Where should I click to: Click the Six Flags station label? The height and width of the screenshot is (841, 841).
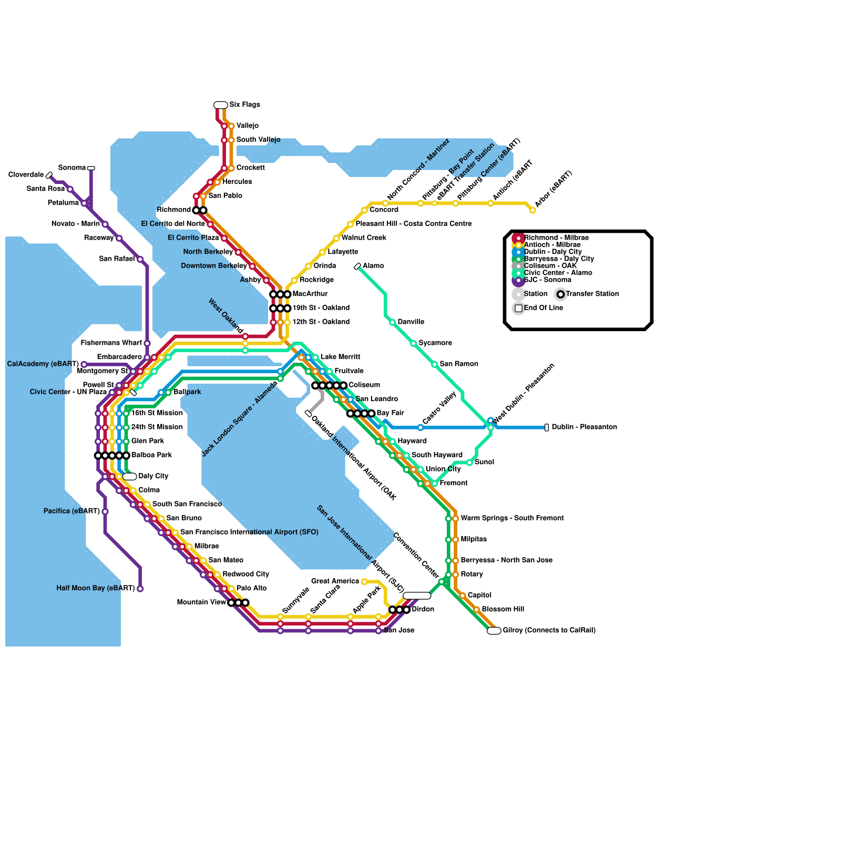(244, 105)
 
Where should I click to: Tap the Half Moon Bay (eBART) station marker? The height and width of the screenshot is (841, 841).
(140, 589)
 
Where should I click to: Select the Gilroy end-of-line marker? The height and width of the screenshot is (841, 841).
(494, 631)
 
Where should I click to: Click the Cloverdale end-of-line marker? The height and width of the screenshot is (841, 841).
(49, 176)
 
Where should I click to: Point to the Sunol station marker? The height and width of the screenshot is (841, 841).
(469, 463)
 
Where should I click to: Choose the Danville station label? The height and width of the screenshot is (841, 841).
(411, 322)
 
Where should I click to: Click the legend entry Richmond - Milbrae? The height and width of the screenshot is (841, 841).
(556, 238)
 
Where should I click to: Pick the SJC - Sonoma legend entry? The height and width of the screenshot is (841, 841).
(547, 280)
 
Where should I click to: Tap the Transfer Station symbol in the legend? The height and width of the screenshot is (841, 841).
(561, 294)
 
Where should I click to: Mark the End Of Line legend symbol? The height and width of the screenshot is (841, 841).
(519, 309)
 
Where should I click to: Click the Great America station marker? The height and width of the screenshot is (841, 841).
(364, 581)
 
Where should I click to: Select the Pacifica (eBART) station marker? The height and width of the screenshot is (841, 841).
(105, 511)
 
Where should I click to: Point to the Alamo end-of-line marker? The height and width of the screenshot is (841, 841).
(357, 266)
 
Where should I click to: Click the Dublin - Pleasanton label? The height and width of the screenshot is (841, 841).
(584, 427)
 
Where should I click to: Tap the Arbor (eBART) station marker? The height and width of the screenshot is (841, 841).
(532, 210)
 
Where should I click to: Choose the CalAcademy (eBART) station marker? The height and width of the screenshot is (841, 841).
(84, 364)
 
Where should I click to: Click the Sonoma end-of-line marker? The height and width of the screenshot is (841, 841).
(91, 168)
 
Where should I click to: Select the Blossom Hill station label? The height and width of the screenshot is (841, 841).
(502, 609)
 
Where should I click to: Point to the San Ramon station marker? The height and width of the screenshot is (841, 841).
(435, 364)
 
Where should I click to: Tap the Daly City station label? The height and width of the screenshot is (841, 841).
(153, 476)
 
